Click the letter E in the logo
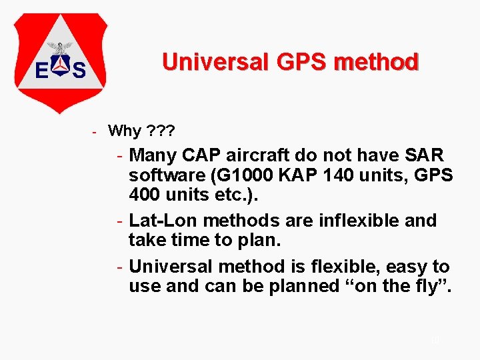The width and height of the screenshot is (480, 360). pos(41,70)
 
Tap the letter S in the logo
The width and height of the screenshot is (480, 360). pos(79,70)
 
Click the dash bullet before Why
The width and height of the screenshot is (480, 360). pos(95,131)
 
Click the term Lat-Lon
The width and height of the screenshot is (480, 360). pos(163,221)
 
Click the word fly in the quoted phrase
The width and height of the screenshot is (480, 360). pos(426,286)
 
